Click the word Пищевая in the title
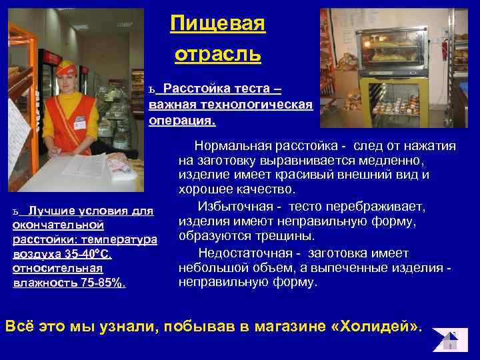(x=217, y=24)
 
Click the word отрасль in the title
(x=217, y=53)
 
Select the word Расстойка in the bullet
(x=195, y=89)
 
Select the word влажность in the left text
(x=39, y=283)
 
